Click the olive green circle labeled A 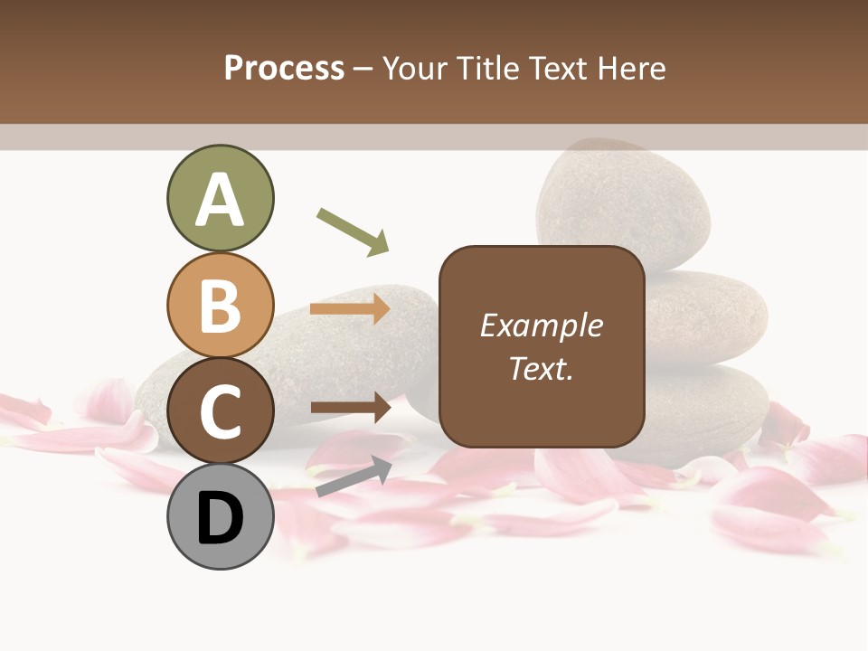click(x=221, y=199)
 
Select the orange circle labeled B click(x=221, y=306)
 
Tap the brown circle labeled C click(x=221, y=411)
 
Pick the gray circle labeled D click(x=221, y=517)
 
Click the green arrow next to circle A click(x=353, y=231)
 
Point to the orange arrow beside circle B click(x=350, y=309)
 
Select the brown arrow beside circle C click(x=350, y=408)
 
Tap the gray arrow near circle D click(x=354, y=476)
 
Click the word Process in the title click(x=284, y=69)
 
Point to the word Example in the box click(x=541, y=325)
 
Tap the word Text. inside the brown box click(x=541, y=369)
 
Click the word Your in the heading click(x=417, y=69)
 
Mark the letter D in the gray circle click(x=221, y=519)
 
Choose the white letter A click(x=221, y=200)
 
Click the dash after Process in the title click(x=363, y=70)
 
